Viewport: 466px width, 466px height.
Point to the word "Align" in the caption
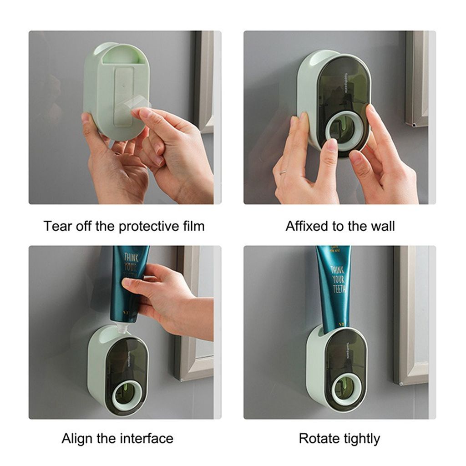pyautogui.click(x=76, y=439)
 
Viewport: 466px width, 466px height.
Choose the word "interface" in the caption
pyautogui.click(x=147, y=439)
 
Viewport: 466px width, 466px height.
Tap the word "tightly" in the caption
pyautogui.click(x=361, y=439)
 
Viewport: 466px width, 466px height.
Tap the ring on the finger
pyautogui.click(x=284, y=172)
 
